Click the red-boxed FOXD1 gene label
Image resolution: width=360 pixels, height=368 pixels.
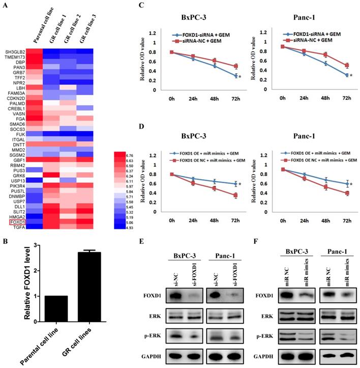[x=16, y=207]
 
